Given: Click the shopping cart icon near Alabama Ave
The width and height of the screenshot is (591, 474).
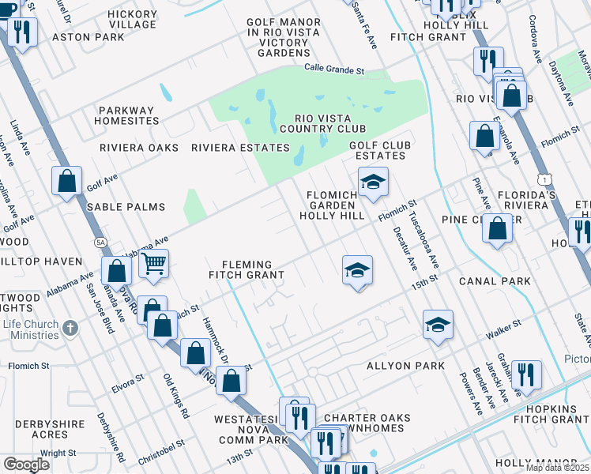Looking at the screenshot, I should click(153, 264).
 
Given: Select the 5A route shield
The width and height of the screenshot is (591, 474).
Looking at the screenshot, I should click(100, 242).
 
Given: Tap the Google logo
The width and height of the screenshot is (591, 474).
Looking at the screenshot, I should click(26, 465).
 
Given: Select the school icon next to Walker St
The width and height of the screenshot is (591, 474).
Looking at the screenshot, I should click(437, 324).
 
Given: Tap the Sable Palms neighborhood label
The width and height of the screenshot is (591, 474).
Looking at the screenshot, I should click(126, 207).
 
